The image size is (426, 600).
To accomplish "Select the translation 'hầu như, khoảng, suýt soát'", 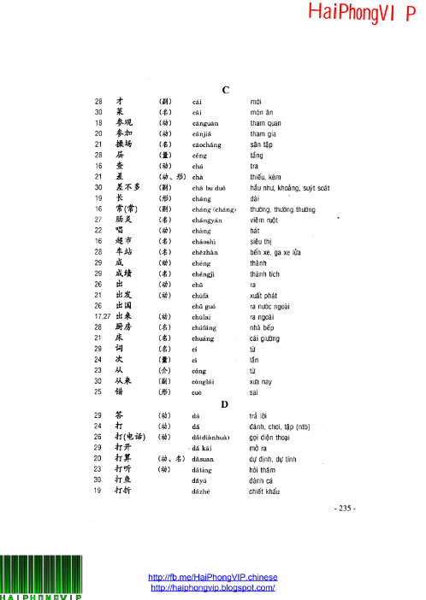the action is click(289, 186).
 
